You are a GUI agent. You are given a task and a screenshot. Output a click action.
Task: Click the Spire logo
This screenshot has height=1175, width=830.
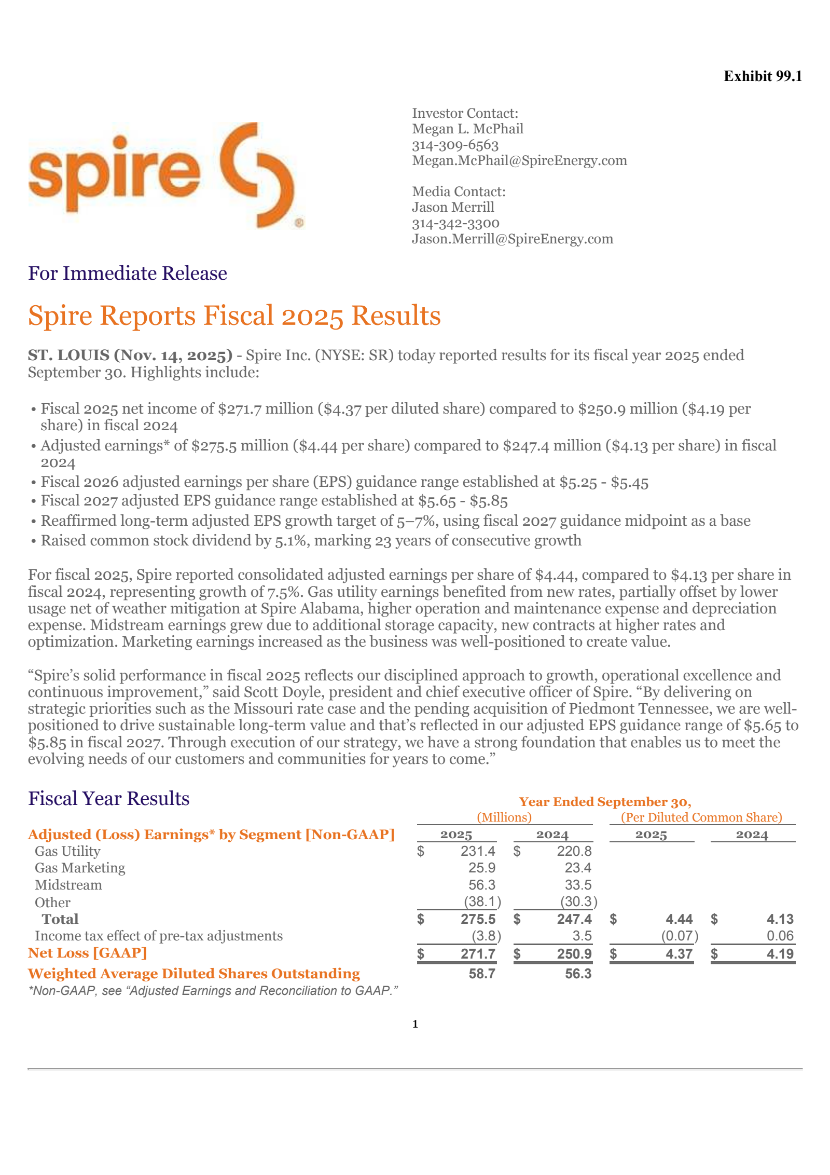(165, 175)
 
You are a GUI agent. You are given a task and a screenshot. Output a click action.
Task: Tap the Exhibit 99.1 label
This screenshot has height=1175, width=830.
(763, 76)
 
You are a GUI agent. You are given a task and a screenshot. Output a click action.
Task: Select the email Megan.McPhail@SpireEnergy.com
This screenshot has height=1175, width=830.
(519, 161)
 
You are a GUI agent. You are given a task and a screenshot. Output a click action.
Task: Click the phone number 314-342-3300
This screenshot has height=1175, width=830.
(455, 224)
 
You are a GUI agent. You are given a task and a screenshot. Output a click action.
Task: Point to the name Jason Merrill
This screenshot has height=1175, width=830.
(453, 208)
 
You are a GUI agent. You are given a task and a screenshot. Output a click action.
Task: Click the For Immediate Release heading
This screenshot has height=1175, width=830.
(128, 274)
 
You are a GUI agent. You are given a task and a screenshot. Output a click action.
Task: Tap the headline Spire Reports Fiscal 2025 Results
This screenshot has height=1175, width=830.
(234, 316)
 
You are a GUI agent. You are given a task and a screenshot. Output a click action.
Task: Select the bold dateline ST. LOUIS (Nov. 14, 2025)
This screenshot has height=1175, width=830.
(130, 356)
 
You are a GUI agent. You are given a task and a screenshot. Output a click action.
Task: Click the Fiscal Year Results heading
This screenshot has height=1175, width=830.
(109, 798)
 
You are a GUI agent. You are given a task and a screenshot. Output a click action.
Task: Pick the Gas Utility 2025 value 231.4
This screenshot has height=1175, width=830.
(478, 852)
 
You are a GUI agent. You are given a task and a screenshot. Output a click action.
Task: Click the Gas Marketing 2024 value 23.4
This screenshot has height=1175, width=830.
(578, 868)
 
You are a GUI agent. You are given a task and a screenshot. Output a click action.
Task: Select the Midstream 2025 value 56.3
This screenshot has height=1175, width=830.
(482, 885)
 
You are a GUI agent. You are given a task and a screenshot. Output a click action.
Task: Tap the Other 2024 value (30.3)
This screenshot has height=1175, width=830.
(578, 902)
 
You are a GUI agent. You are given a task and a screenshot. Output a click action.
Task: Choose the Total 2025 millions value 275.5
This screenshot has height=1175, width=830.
(478, 920)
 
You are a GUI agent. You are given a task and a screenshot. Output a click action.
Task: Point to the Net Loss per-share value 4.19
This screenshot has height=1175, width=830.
(780, 954)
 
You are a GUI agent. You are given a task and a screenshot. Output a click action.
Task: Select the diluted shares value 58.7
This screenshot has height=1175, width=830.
(482, 974)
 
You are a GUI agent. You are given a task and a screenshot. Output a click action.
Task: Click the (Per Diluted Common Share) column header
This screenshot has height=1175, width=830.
(701, 818)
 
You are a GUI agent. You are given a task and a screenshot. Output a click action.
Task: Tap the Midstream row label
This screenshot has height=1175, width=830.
(68, 885)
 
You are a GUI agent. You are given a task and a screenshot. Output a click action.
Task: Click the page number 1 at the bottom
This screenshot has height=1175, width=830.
(415, 1024)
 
